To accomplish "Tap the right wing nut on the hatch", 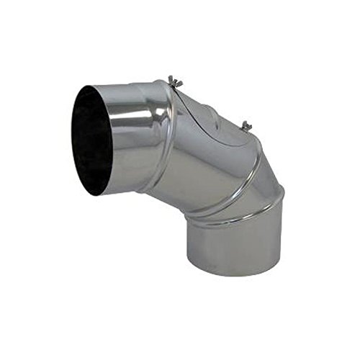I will click(x=246, y=125).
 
